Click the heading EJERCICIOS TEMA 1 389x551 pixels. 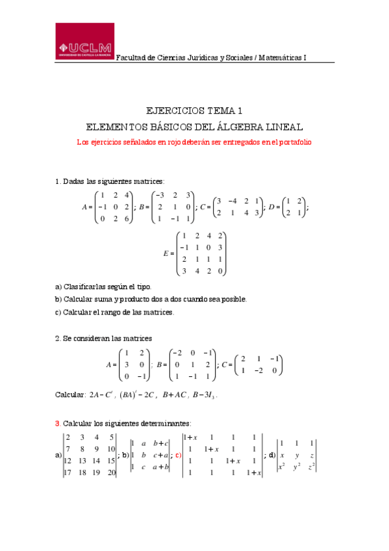194,110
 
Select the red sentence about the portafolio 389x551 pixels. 194,142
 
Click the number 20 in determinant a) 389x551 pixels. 110,472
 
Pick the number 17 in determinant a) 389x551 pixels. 68,472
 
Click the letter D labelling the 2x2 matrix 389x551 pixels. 272,207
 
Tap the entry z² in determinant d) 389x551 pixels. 312,466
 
